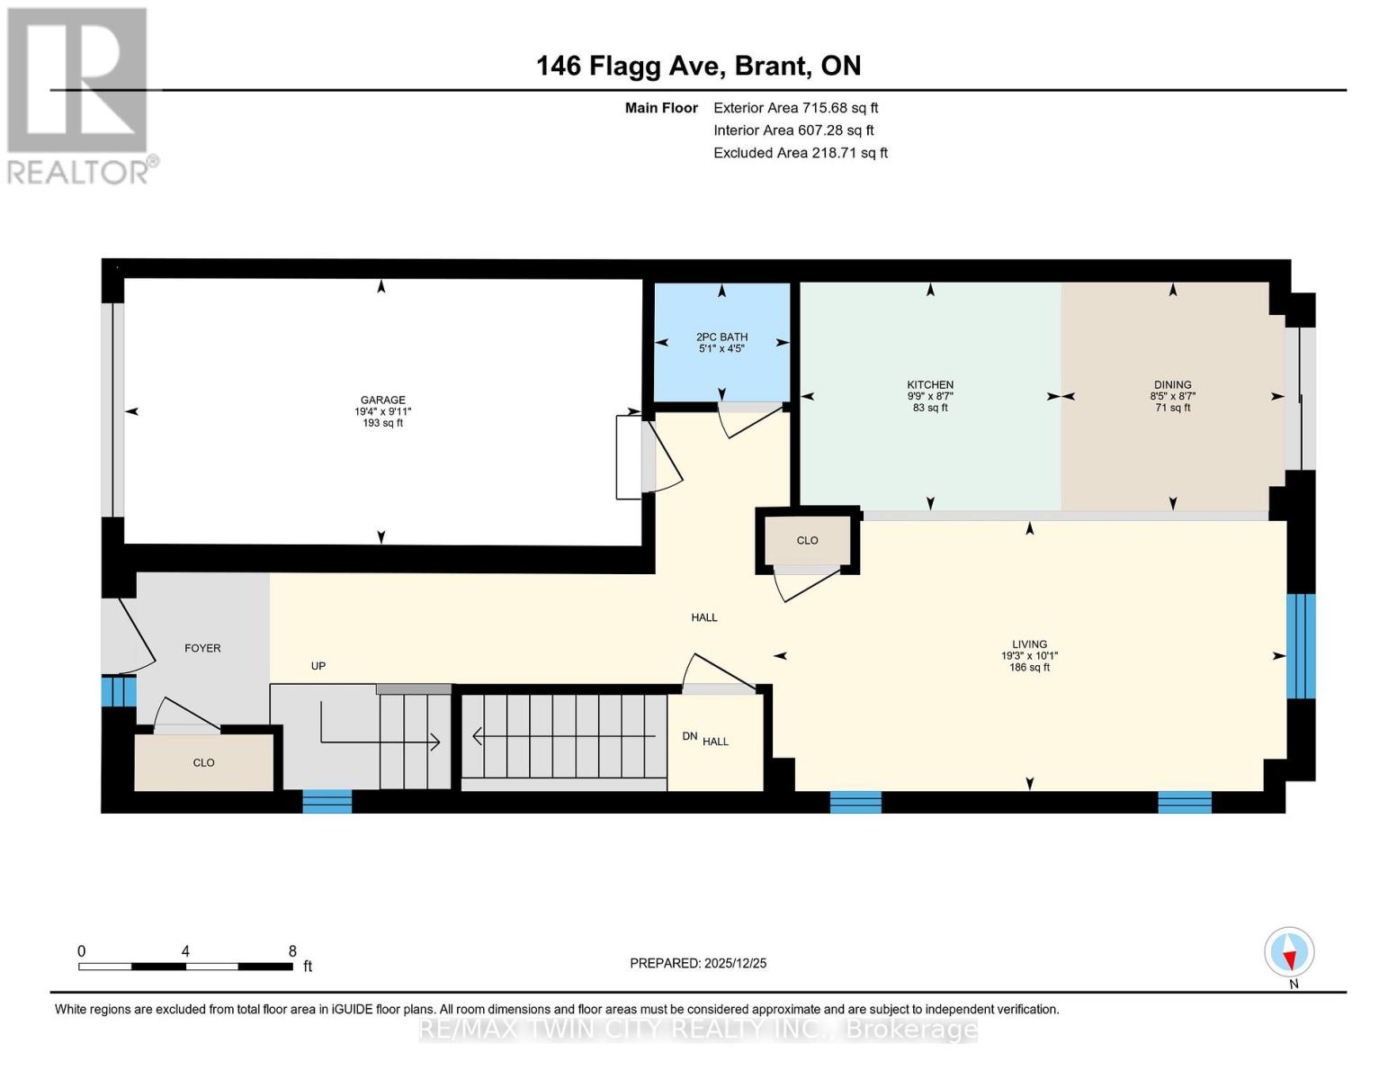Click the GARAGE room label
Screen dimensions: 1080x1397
click(x=382, y=400)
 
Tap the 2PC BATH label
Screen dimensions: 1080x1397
click(x=721, y=337)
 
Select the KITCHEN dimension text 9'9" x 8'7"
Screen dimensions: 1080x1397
click(x=930, y=396)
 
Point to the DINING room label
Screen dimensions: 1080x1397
click(x=1172, y=384)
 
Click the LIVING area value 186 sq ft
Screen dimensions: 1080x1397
click(x=1029, y=668)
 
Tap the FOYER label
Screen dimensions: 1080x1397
click(x=202, y=648)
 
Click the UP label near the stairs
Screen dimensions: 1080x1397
click(x=318, y=666)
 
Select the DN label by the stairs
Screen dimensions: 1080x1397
click(x=689, y=736)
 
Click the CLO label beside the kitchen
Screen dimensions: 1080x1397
click(x=807, y=540)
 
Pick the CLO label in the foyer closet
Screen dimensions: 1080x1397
click(x=203, y=762)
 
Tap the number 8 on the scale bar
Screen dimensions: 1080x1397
click(x=292, y=951)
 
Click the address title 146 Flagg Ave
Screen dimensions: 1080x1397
click(x=629, y=66)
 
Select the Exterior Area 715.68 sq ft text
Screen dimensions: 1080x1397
click(x=795, y=107)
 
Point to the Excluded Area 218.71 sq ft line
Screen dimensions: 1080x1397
click(x=800, y=153)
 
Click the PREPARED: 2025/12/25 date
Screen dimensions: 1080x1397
click(x=698, y=963)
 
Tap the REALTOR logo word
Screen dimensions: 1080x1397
click(x=79, y=171)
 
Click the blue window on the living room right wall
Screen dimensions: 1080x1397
click(x=1301, y=645)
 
